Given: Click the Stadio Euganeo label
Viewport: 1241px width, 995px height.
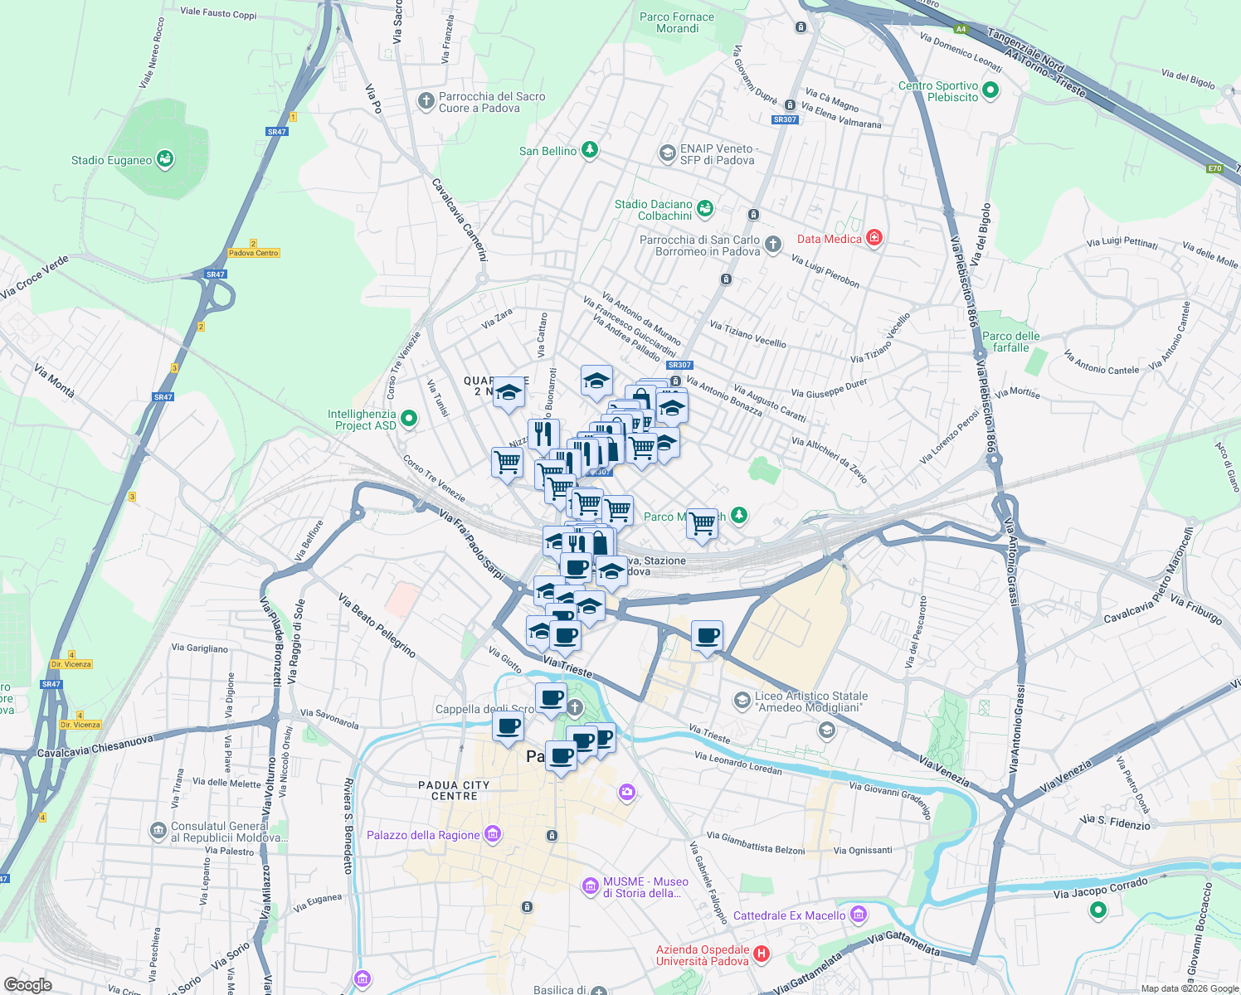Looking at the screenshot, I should click(111, 160).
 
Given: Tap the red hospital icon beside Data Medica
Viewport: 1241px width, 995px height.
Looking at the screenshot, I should click(874, 239).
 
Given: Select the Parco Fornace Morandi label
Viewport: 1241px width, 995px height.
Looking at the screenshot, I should click(677, 22).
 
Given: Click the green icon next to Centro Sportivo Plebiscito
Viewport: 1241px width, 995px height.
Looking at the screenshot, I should click(990, 90).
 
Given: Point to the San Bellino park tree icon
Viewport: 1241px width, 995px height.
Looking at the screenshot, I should click(589, 150).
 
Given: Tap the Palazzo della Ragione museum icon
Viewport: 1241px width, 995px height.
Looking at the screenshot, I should click(493, 834).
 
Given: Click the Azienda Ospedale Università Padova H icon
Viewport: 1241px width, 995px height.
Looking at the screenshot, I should click(761, 954).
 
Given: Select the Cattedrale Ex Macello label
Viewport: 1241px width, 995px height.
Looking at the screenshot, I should click(789, 915).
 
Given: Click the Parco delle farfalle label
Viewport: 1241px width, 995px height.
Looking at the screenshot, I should click(1010, 342).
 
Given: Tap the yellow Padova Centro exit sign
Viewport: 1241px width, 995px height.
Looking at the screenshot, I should click(254, 253).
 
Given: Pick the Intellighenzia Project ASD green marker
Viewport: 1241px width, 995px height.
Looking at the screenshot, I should click(409, 419).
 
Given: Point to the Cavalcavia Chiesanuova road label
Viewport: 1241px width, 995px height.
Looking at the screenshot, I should click(95, 746).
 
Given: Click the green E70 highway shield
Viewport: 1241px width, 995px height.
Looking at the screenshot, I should click(1214, 168).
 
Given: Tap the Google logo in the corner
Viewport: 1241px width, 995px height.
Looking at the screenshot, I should click(27, 984).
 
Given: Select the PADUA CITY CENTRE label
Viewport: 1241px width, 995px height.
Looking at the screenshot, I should click(454, 790).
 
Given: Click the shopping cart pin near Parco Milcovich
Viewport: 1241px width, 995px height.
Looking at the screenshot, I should click(702, 523).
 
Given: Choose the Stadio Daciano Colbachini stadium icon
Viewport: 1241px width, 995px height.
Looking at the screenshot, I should click(705, 208).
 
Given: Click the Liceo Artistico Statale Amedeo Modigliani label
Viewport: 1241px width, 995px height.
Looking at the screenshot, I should click(811, 701).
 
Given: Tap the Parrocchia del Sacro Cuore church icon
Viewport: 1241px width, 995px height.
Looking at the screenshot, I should click(426, 101).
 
